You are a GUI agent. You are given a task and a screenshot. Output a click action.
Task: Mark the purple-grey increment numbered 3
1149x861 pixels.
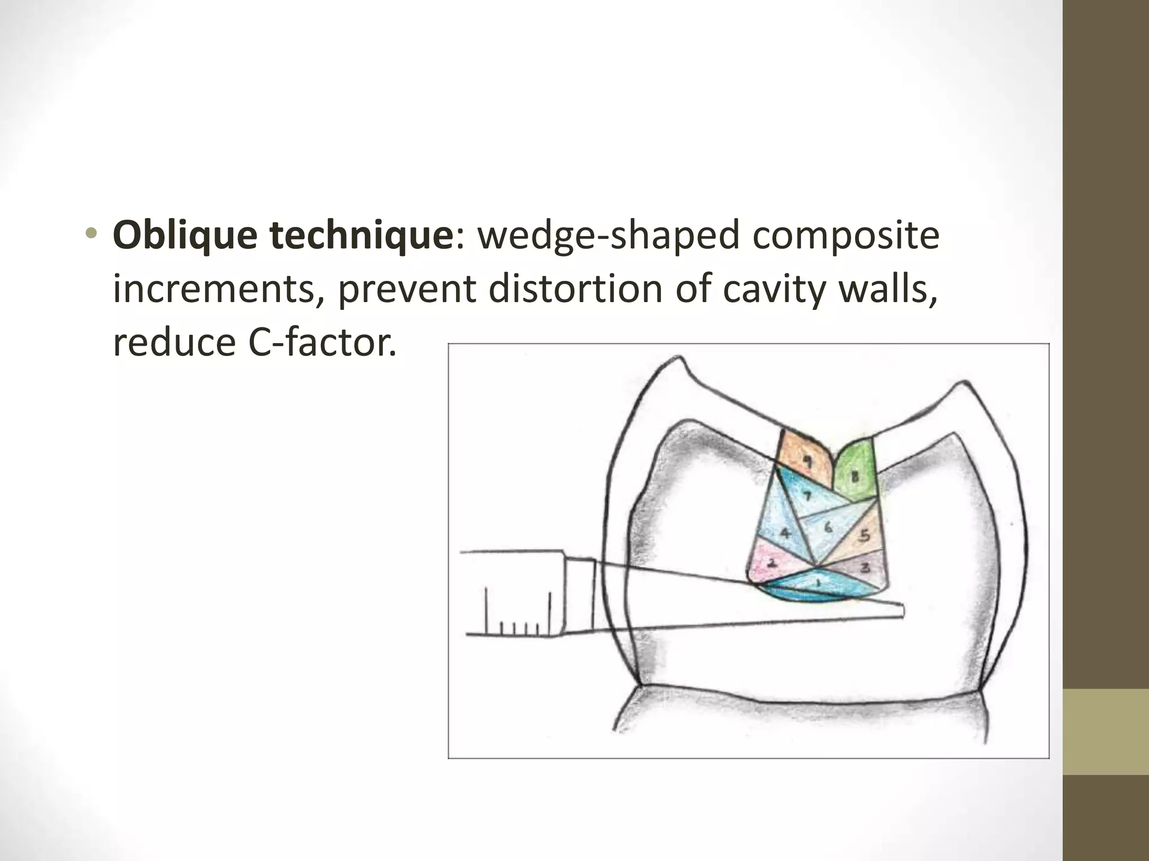[865, 568]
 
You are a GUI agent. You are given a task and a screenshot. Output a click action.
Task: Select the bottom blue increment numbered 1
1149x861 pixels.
[818, 585]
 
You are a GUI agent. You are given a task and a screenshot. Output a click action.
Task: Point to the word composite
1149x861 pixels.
[845, 237]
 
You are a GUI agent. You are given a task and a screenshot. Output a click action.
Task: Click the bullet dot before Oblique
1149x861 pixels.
[93, 237]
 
